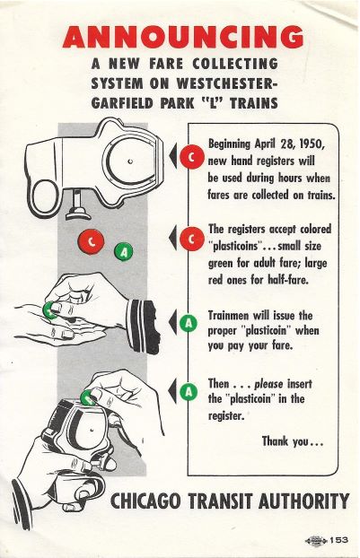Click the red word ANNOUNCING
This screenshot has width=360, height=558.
(x=182, y=37)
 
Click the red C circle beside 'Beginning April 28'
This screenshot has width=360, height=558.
(x=192, y=157)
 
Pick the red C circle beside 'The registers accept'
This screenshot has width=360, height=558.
(x=192, y=239)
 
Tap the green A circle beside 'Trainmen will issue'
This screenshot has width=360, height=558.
(x=189, y=322)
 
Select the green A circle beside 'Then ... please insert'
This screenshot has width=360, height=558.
(x=189, y=391)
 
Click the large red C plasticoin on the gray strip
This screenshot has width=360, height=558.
(x=92, y=242)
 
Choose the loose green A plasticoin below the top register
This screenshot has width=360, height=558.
(x=123, y=251)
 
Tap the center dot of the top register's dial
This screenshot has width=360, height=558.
(x=130, y=161)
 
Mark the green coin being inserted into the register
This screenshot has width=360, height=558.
(x=88, y=398)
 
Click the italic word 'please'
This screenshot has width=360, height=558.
(x=268, y=384)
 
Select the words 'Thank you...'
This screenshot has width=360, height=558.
(x=293, y=441)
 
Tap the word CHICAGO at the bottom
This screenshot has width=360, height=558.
(x=145, y=501)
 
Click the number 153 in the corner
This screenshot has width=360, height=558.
(x=338, y=540)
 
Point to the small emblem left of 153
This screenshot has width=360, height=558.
(x=315, y=541)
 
